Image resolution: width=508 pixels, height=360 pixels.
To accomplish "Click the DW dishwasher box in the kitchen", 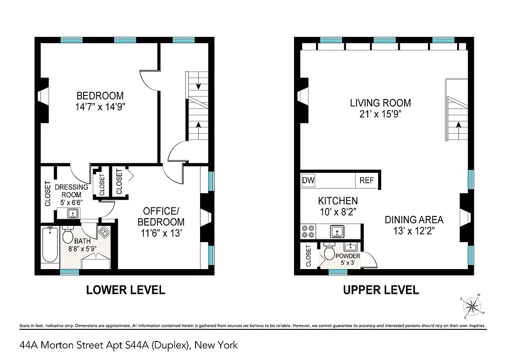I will point(308,181).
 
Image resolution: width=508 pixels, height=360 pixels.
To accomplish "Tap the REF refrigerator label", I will point(366,181).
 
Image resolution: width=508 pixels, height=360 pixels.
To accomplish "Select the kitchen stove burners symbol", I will point(308,231).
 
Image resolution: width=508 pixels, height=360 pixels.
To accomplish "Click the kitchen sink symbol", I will point(337,232).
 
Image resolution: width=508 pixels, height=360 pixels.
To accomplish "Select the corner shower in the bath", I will point(104,232).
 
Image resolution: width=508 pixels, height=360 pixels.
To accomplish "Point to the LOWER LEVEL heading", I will point(125,290).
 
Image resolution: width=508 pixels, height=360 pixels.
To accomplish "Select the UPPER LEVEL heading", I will point(381,290).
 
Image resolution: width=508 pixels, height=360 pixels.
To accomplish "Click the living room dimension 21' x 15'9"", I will point(380,114).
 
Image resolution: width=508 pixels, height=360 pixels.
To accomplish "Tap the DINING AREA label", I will point(414,220).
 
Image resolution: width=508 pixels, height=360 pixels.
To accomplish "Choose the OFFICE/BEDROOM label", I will point(161,216).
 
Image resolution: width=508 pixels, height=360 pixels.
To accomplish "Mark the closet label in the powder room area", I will point(308,256).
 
